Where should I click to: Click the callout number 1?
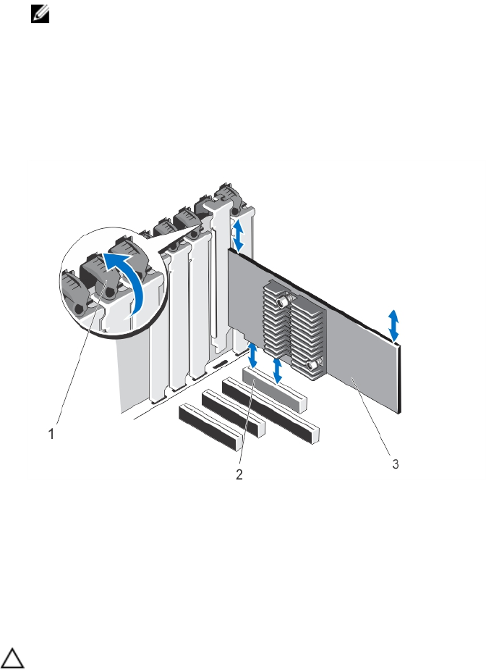(51, 434)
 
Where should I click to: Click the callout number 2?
(239, 474)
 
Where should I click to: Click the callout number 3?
(396, 464)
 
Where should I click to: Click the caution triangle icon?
(12, 658)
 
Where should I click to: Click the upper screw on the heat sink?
(283, 301)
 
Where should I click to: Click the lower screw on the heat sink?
(314, 364)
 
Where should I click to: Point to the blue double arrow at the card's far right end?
(393, 326)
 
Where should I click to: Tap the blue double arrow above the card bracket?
(238, 235)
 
